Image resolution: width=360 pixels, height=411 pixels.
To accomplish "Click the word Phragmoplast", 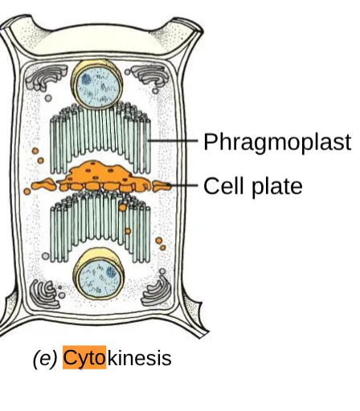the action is [x=277, y=143].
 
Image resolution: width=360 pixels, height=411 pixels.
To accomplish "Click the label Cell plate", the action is [x=253, y=186].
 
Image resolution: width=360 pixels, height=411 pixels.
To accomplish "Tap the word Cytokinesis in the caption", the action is [x=117, y=358].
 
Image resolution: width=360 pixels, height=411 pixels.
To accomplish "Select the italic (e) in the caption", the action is [x=45, y=359].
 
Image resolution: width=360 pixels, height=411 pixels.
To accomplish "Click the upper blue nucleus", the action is [x=96, y=84].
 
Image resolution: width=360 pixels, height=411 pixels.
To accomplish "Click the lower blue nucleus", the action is [x=99, y=275].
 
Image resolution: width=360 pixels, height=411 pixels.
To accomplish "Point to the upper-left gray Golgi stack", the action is [x=44, y=77].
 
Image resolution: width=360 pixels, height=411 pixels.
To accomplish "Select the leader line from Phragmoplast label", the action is [x=173, y=140].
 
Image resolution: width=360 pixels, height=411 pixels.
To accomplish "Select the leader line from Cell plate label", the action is [x=182, y=185].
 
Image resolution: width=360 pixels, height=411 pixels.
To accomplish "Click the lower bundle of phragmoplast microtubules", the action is [x=100, y=226].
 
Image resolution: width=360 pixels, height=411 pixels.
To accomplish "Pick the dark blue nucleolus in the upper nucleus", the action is [x=86, y=79].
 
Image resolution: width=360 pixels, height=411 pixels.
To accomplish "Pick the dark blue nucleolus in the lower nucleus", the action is [x=112, y=272].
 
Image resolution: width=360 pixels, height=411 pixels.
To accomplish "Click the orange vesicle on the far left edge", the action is [x=27, y=191].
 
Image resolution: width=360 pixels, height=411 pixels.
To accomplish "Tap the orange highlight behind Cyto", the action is [x=84, y=357].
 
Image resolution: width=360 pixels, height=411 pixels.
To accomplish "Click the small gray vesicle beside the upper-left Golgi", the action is [x=48, y=98].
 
